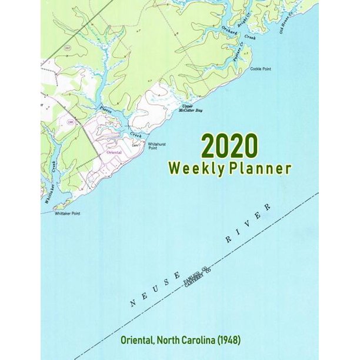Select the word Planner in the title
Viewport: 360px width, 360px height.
pyautogui.click(x=259, y=168)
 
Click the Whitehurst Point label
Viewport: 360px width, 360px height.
pyautogui.click(x=157, y=145)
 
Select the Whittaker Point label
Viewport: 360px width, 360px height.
pyautogui.click(x=66, y=214)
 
